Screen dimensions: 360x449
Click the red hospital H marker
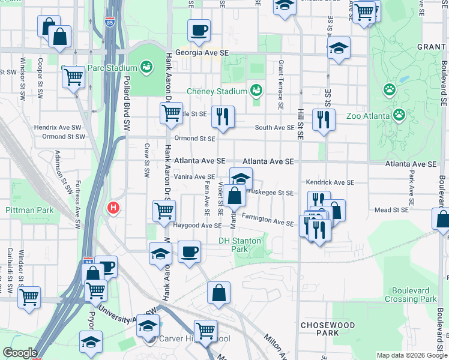pyautogui.click(x=112, y=208)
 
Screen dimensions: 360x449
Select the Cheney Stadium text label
pyautogui.click(x=217, y=91)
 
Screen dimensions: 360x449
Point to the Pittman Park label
pyautogui.click(x=29, y=210)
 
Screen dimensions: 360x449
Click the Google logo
pyautogui.click(x=20, y=353)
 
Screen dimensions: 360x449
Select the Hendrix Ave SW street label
pyautogui.click(x=57, y=127)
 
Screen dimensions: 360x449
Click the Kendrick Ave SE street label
pyautogui.click(x=330, y=182)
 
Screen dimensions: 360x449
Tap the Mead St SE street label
pyautogui.click(x=391, y=210)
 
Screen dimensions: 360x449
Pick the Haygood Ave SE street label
pyautogui.click(x=197, y=226)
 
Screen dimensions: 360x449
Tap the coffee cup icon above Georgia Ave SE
pyautogui.click(x=199, y=29)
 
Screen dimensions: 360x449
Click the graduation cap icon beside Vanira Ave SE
pyautogui.click(x=241, y=178)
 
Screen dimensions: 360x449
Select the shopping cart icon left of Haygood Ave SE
pyautogui.click(x=164, y=211)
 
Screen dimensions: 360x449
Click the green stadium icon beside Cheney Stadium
pyautogui.click(x=256, y=91)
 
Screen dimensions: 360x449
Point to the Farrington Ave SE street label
pyautogui.click(x=268, y=220)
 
